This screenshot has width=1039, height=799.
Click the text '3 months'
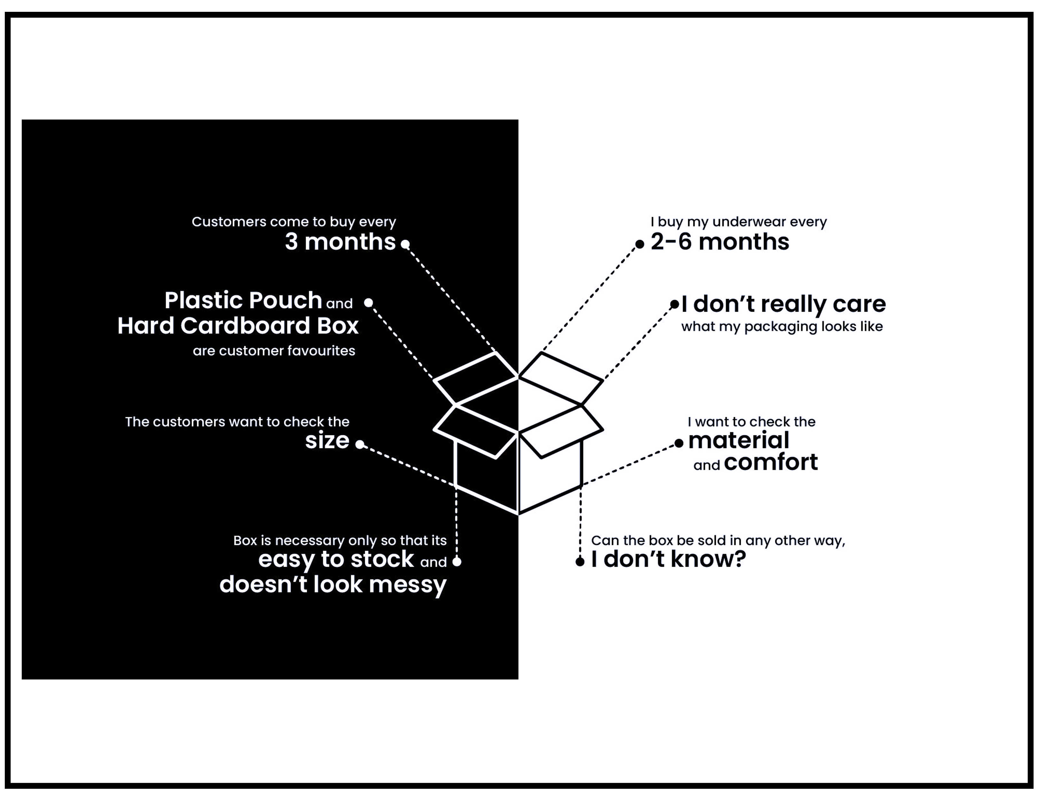tap(340, 242)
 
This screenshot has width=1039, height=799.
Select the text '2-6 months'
tap(720, 242)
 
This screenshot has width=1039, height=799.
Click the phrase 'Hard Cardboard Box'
tap(238, 326)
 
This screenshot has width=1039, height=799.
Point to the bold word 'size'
tap(327, 440)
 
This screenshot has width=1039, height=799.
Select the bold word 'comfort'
tap(771, 462)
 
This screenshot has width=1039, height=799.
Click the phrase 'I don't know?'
tap(668, 559)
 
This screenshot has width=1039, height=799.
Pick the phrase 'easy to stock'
tap(336, 559)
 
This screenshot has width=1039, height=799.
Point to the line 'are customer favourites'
tap(274, 351)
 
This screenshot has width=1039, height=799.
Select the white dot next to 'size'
tap(360, 444)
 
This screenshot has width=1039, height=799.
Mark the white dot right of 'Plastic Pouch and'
tap(368, 302)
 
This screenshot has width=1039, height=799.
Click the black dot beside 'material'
tap(679, 444)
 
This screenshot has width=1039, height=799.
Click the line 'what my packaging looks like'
tap(782, 327)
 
